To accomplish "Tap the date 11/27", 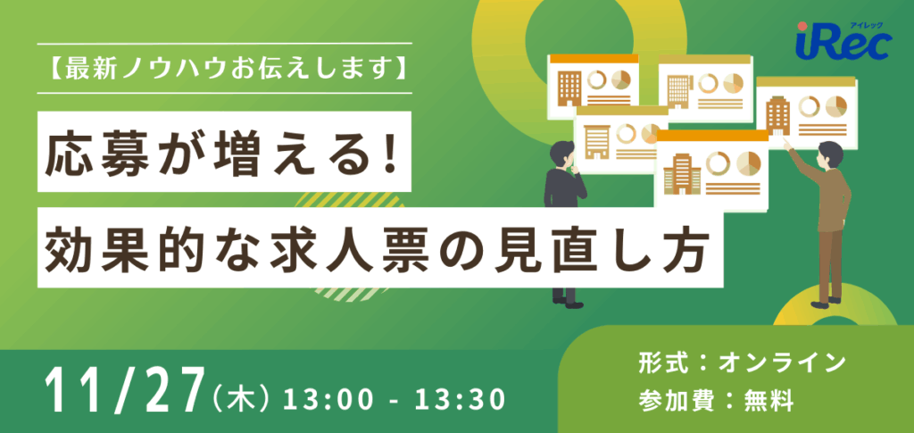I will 122,389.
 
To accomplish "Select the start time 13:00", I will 322,394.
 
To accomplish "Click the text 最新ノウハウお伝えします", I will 225,69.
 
